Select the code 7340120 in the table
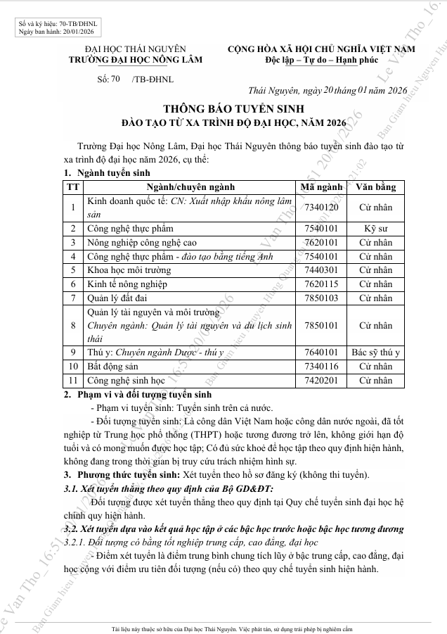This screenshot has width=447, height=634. click(320, 208)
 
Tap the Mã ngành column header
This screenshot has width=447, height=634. click(321, 187)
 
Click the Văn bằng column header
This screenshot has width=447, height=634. click(375, 187)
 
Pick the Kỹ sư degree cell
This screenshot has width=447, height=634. click(375, 229)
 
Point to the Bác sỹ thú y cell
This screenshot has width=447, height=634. click(375, 353)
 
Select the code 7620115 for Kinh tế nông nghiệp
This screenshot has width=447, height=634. click(320, 284)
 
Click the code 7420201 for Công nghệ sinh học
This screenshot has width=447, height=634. click(320, 381)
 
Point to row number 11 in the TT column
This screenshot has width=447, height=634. click(72, 381)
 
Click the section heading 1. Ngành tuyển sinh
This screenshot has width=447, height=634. click(108, 172)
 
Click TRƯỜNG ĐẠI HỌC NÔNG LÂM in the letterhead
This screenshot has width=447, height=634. click(135, 60)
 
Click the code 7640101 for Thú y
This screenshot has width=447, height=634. click(320, 353)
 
